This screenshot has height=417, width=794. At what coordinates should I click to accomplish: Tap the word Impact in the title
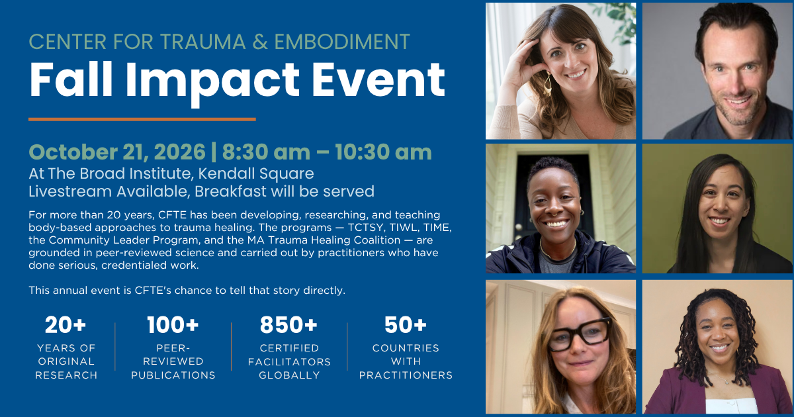click(x=212, y=82)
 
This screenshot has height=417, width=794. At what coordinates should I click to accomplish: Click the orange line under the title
click(x=142, y=120)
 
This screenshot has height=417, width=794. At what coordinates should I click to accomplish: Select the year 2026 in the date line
click(x=180, y=152)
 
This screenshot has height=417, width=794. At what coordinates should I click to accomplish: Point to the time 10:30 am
click(x=383, y=152)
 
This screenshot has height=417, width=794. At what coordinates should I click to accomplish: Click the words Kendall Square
click(x=256, y=173)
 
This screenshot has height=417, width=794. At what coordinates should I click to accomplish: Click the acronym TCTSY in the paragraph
click(x=365, y=227)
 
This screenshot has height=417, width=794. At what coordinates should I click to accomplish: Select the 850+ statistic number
click(x=288, y=325)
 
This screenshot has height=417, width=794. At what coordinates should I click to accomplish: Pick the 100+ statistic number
click(x=173, y=325)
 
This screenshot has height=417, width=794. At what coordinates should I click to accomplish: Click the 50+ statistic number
click(x=406, y=325)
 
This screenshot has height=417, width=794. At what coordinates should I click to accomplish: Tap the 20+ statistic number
click(x=66, y=325)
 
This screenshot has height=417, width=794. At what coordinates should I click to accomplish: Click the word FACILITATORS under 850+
click(x=289, y=361)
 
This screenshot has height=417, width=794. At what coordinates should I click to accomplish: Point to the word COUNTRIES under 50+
click(x=406, y=348)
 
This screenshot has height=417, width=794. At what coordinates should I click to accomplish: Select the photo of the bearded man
click(x=717, y=71)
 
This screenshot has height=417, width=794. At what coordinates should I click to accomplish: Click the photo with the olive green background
click(x=717, y=208)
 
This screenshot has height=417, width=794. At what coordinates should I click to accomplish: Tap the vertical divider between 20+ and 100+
click(x=115, y=347)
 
